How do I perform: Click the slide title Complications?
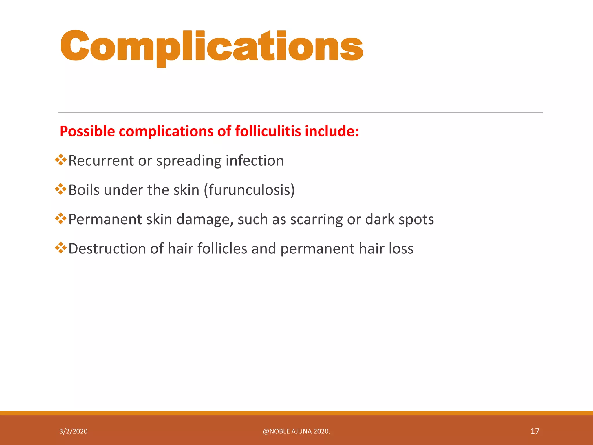211,46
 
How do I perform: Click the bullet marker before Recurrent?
61,160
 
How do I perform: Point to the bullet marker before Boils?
61,189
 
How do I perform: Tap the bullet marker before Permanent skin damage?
61,218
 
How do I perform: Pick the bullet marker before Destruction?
61,248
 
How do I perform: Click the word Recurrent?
101,161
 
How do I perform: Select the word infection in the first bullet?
255,161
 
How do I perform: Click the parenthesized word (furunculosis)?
249,190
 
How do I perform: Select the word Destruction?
107,249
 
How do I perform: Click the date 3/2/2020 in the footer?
73,431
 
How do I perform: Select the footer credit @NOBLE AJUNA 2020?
296,431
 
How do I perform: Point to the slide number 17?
535,431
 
